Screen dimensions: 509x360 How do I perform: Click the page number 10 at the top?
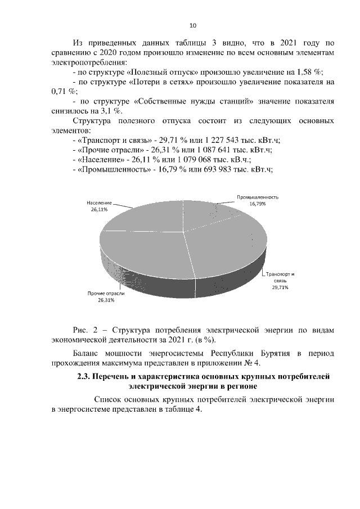coord(192,26)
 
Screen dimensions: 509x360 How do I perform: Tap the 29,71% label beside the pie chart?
coord(280,287)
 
